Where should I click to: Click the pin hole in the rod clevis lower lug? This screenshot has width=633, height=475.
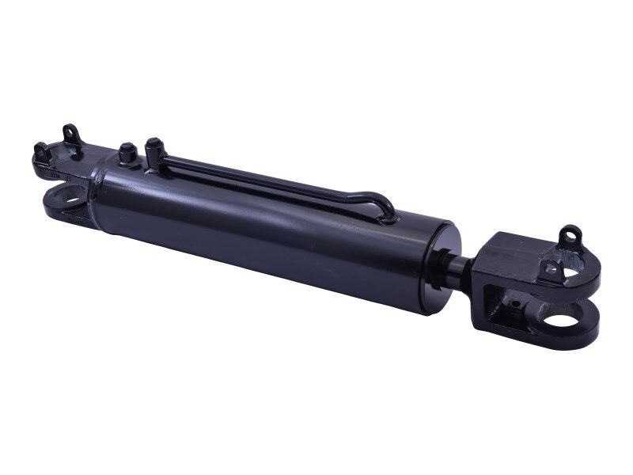[563, 322]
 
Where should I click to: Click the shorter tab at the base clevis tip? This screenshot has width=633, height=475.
[40, 150]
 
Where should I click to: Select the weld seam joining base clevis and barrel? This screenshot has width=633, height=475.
[94, 186]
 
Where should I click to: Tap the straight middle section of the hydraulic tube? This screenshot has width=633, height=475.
[261, 177]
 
